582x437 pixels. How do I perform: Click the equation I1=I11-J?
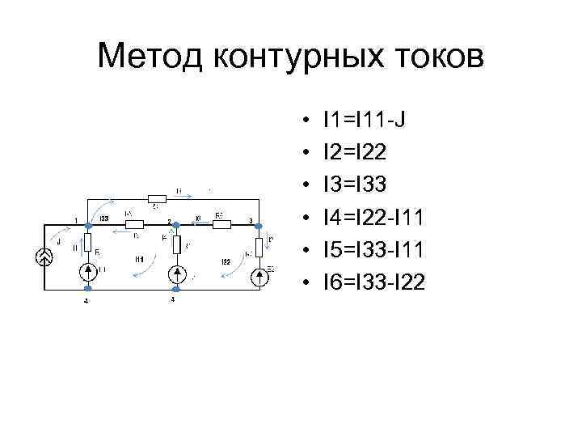click(364, 121)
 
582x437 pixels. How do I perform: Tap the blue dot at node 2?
click(175, 225)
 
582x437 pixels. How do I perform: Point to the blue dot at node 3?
click(258, 225)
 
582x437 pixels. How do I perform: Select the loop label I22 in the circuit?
click(227, 261)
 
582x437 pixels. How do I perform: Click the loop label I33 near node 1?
click(103, 218)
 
